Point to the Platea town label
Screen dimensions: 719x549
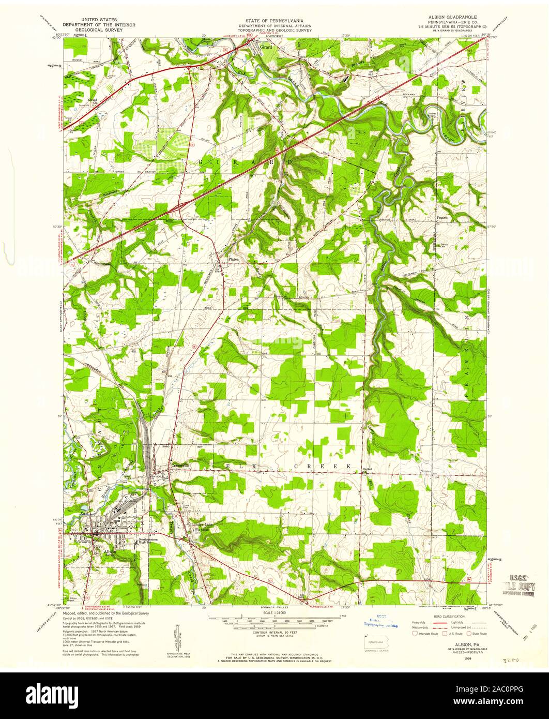[x=229, y=261]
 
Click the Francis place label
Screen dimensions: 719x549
[x=443, y=218]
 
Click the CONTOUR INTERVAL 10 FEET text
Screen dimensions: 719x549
[x=274, y=633]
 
